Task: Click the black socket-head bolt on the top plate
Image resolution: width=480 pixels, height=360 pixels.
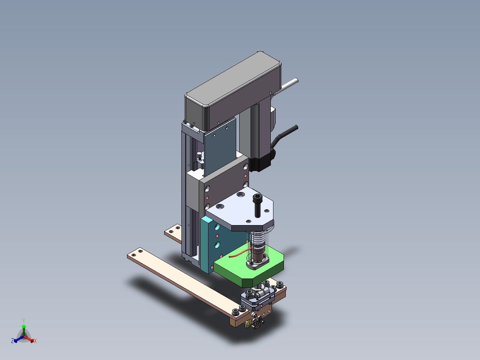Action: [x=258, y=206]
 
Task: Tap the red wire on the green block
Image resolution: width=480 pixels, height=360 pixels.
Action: [x=240, y=253]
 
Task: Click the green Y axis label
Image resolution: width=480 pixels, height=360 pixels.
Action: [x=24, y=321]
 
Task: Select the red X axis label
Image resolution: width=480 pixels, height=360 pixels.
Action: [x=35, y=341]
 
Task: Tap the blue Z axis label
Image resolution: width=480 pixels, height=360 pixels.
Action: [x=12, y=340]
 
